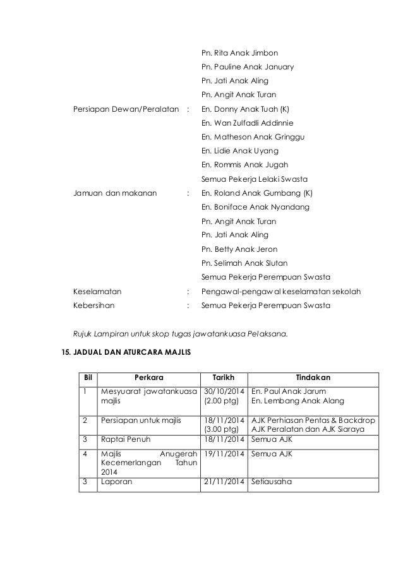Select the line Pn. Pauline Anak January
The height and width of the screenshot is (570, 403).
coord(246,67)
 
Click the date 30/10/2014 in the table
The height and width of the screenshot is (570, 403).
coord(223,391)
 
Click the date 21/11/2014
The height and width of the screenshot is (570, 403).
coord(223,483)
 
